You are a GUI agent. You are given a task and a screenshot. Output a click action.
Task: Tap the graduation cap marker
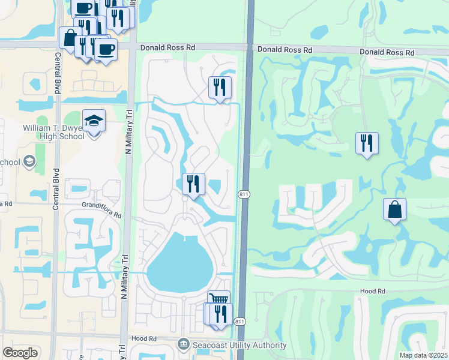coord(94,122)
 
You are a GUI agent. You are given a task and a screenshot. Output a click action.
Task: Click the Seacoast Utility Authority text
coord(238,345)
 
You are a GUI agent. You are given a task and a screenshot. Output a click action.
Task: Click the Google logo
coord(20,353)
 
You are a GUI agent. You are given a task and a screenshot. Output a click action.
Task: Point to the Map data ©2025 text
coord(424,355)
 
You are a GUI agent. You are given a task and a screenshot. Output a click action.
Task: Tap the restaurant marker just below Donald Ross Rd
coord(220,88)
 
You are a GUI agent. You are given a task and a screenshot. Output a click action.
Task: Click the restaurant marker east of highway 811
coord(367,143)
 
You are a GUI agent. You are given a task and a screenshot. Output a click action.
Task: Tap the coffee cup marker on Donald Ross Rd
coord(106,49)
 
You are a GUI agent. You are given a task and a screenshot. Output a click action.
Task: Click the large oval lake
coord(179,262)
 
